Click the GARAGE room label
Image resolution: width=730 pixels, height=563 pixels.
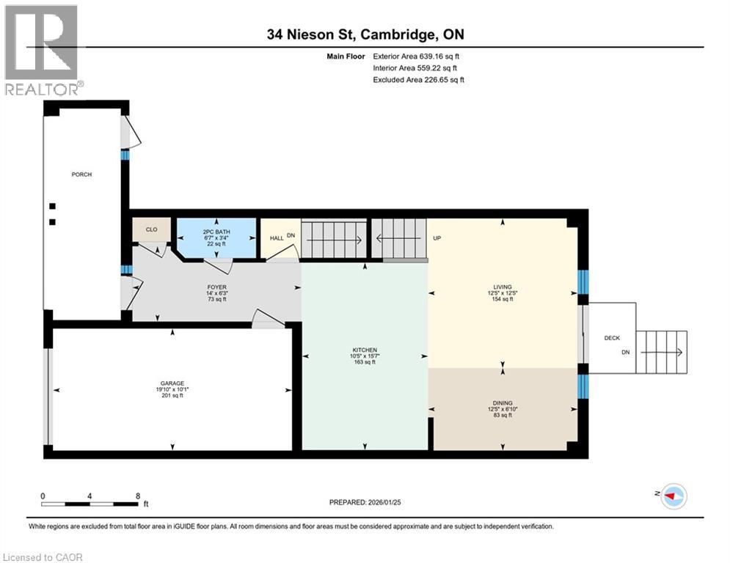pyautogui.click(x=172, y=383)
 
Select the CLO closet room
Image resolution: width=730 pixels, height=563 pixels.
pyautogui.click(x=151, y=229)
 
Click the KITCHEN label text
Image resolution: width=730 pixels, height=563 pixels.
pyautogui.click(x=364, y=350)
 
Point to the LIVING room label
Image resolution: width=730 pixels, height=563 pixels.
pyautogui.click(x=503, y=287)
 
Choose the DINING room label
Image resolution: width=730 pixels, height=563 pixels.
pyautogui.click(x=503, y=402)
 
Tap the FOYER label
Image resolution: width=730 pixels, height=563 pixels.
pyautogui.click(x=216, y=288)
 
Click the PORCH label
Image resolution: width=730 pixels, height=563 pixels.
pyautogui.click(x=81, y=174)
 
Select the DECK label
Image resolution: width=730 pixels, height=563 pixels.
pyautogui.click(x=611, y=338)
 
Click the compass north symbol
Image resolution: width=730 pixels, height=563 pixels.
pyautogui.click(x=674, y=497)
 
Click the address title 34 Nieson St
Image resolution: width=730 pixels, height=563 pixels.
pyautogui.click(x=365, y=34)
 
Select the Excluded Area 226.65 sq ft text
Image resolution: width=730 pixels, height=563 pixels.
pyautogui.click(x=418, y=80)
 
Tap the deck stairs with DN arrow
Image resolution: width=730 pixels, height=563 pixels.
pyautogui.click(x=661, y=353)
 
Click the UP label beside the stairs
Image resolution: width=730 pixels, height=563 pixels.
pyautogui.click(x=437, y=238)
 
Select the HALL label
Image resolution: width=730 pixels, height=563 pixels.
pyautogui.click(x=277, y=238)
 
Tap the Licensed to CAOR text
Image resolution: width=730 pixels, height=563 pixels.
pyautogui.click(x=43, y=557)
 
